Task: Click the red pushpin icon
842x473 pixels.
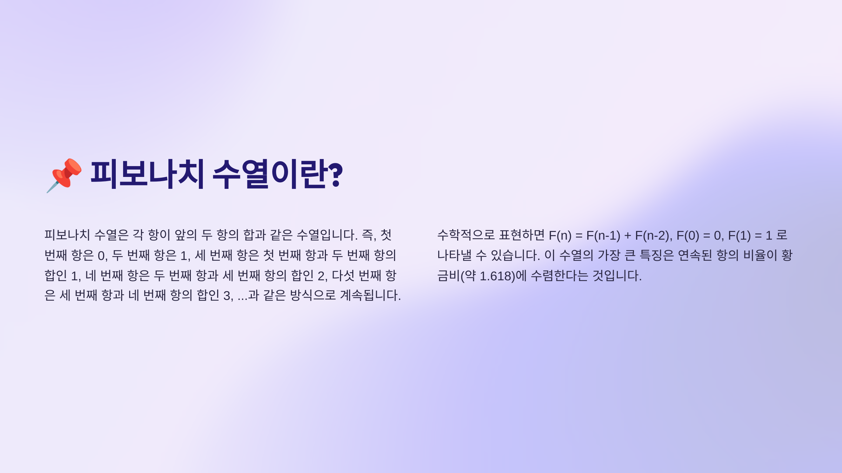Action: click(x=64, y=175)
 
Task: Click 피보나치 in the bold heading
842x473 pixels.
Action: click(x=147, y=174)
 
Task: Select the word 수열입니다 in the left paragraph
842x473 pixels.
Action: click(x=327, y=235)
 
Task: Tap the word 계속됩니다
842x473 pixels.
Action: click(x=370, y=295)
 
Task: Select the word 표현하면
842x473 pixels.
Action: click(x=522, y=235)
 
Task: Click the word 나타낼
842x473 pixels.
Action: click(x=454, y=255)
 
